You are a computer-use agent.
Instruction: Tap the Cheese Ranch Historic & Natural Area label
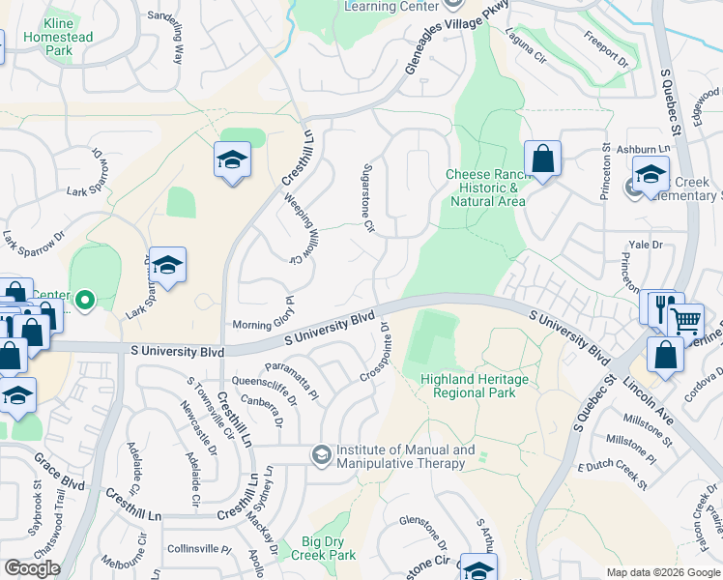point(485,188)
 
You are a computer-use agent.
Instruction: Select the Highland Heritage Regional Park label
point(475,387)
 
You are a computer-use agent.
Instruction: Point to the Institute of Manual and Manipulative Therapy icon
point(321,454)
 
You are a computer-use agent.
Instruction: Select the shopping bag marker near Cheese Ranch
point(542,159)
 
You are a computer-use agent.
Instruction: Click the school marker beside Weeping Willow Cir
point(232,160)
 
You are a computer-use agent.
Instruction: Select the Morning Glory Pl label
point(264,325)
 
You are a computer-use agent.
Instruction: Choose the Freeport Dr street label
point(606,50)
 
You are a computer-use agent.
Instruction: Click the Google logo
point(32,568)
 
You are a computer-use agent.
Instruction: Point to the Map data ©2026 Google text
point(662,572)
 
